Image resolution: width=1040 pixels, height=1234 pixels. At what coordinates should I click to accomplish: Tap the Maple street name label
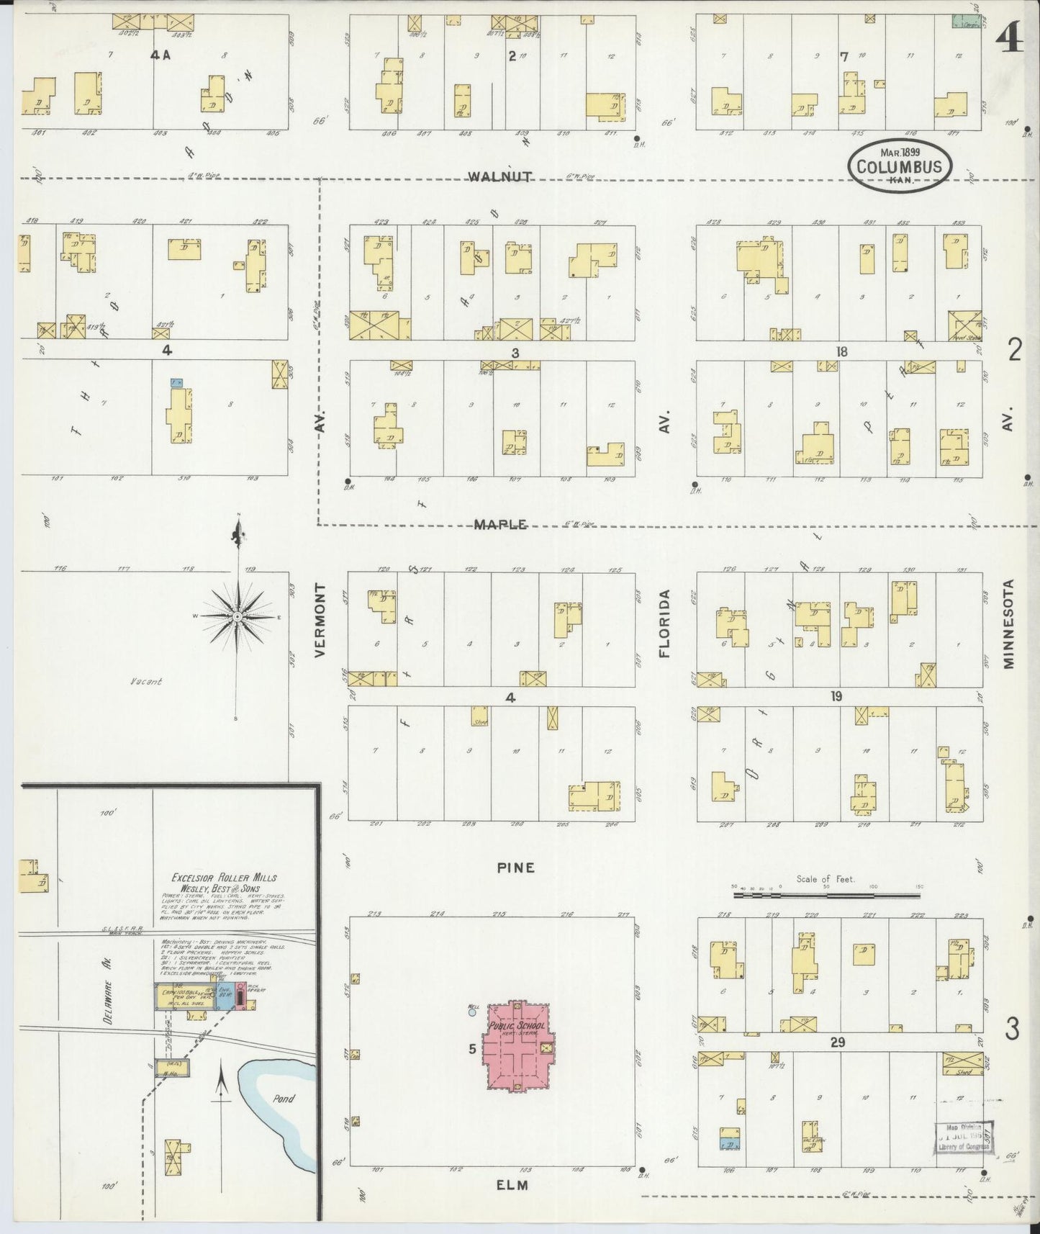click(x=500, y=525)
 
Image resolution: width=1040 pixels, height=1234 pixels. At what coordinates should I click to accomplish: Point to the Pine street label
click(x=516, y=868)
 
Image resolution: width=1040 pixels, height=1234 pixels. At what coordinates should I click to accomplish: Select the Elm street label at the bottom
click(x=512, y=1184)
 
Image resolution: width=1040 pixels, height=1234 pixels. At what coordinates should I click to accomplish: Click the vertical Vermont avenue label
click(x=321, y=620)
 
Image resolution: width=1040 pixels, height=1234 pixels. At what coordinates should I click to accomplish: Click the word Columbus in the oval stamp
click(x=900, y=167)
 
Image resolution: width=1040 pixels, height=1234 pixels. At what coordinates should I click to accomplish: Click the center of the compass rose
click(x=237, y=618)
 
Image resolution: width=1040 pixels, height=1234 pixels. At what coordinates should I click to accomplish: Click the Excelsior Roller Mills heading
click(x=223, y=878)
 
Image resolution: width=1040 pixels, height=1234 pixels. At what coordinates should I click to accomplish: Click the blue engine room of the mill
click(x=222, y=996)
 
